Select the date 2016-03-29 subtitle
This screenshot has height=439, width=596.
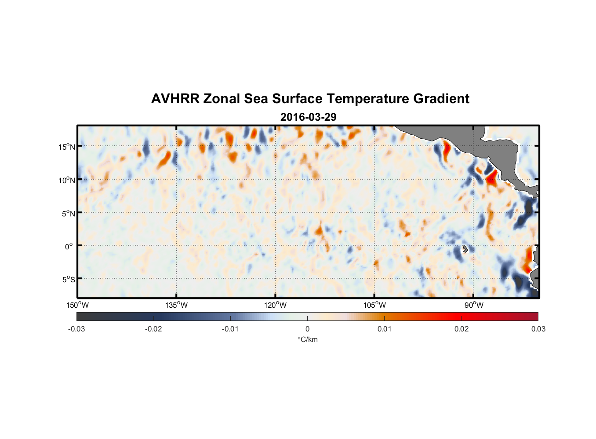pos(308,117)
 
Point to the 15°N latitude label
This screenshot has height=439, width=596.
pos(67,147)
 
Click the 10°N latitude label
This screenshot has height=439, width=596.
pos(67,180)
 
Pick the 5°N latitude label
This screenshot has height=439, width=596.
pos(68,213)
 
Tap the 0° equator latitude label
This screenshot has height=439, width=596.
pos(69,246)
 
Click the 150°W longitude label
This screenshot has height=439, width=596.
pos(78,305)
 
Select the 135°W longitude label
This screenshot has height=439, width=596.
pos(177,305)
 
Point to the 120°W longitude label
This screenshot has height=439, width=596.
pos(276,305)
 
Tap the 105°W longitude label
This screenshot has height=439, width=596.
pos(374,305)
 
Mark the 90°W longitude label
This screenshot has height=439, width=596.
pos(474,305)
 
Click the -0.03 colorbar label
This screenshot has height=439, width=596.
pos(76,329)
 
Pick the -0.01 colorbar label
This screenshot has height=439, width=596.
pos(230,329)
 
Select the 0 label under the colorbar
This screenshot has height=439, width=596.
pos(307,329)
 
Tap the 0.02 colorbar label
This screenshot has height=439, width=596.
pos(461,329)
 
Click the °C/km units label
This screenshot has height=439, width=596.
pos(308,339)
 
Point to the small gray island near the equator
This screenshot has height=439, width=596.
pos(465,249)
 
